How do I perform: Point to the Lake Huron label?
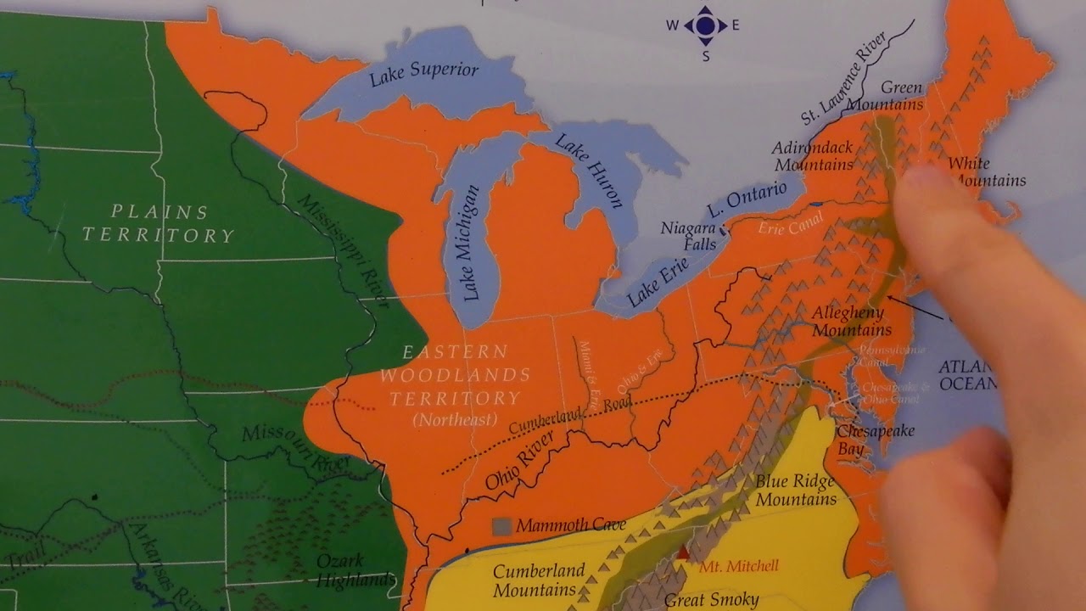coord(590,170)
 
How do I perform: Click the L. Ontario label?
coord(747,200)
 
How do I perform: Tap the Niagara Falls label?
coord(689,236)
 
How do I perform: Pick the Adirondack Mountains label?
coord(812,156)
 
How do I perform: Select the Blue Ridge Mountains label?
coord(795,490)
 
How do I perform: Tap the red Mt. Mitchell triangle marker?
coord(684,552)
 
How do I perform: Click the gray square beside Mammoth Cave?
coord(501,526)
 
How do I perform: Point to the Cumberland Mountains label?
coord(539,580)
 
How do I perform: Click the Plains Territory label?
coord(159,223)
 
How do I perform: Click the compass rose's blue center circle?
coord(705,25)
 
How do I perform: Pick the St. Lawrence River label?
coord(843,78)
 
